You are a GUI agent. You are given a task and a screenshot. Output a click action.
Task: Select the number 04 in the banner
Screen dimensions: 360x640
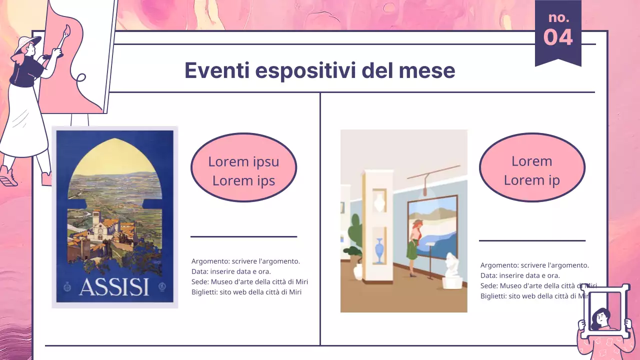(x=558, y=37)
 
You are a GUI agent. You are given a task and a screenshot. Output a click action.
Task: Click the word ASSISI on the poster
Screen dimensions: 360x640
(x=114, y=287)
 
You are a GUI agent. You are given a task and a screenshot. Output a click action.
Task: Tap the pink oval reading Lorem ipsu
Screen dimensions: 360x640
(x=243, y=167)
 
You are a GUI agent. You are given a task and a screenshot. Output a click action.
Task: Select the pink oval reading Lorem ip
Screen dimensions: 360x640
(x=531, y=167)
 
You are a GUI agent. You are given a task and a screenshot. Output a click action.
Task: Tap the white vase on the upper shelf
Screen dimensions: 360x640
(x=379, y=202)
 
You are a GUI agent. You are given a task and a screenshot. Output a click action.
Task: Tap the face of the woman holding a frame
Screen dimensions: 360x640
(x=599, y=317)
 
